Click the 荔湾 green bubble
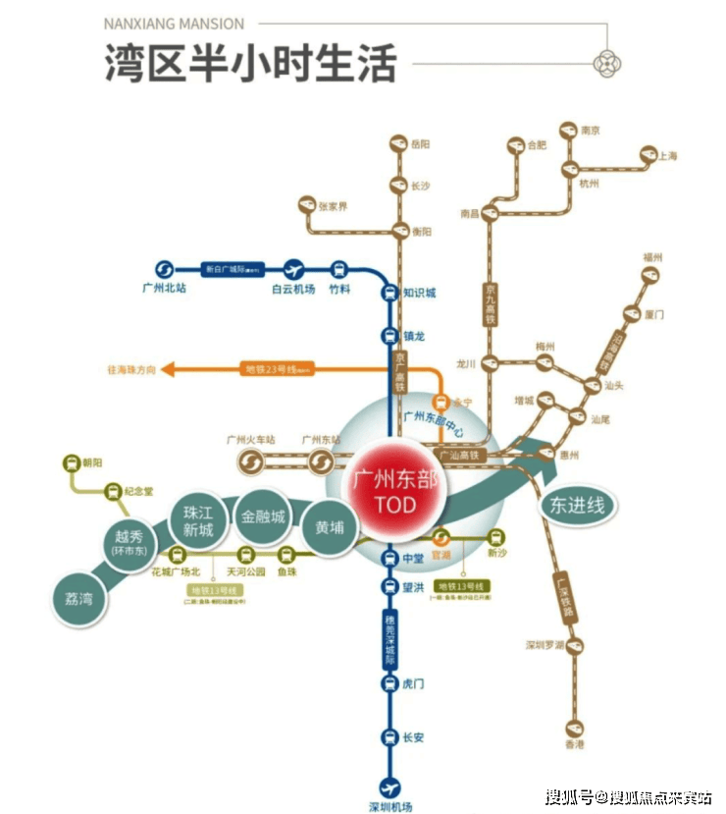coord(79,595)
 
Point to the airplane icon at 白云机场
coord(293,270)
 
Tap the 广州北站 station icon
coord(164,270)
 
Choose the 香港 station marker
coord(575,729)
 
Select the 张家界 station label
coord(333,206)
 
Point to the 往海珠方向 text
coord(132,370)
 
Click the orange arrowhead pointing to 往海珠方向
coord(167,369)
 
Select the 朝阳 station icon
coord(71,462)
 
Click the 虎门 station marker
coord(389,683)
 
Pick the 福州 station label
coord(652,257)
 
